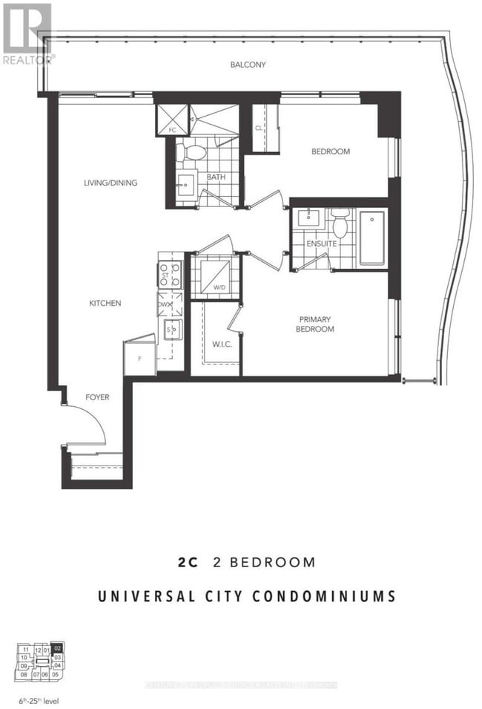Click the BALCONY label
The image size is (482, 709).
tap(248, 65)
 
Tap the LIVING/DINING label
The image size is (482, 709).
tap(110, 183)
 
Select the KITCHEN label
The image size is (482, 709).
tap(105, 303)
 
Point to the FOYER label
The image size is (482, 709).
tap(96, 397)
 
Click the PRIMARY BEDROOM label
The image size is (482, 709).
tap(315, 324)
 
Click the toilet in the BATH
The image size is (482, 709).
tap(195, 153)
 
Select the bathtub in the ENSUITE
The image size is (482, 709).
tap(372, 238)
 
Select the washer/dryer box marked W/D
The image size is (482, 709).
tap(215, 276)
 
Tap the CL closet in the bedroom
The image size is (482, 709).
tap(261, 127)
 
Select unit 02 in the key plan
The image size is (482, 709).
tap(59, 647)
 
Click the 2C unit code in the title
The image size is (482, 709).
tap(188, 562)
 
